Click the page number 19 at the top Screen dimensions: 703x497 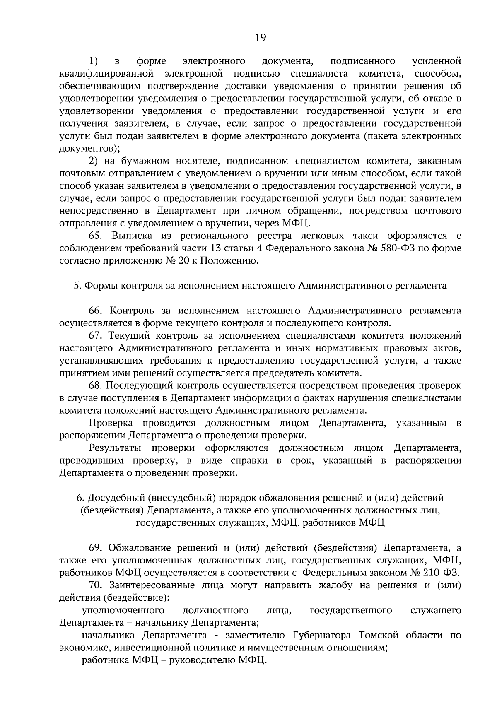point(260,38)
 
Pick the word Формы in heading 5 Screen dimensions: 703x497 point(101,286)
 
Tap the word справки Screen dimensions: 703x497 point(248,460)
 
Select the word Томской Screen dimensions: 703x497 point(379,635)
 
